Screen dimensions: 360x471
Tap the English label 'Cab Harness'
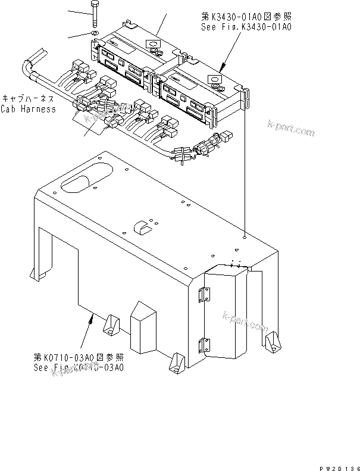click(28, 109)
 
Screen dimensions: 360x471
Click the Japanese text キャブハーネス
click(29, 99)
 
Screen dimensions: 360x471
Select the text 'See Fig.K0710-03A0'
click(79, 367)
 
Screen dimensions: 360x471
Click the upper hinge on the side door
click(205, 294)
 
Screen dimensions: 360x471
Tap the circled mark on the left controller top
click(152, 44)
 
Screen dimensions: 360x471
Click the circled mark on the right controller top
click(212, 78)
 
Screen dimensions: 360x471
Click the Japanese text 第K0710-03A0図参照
click(79, 357)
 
